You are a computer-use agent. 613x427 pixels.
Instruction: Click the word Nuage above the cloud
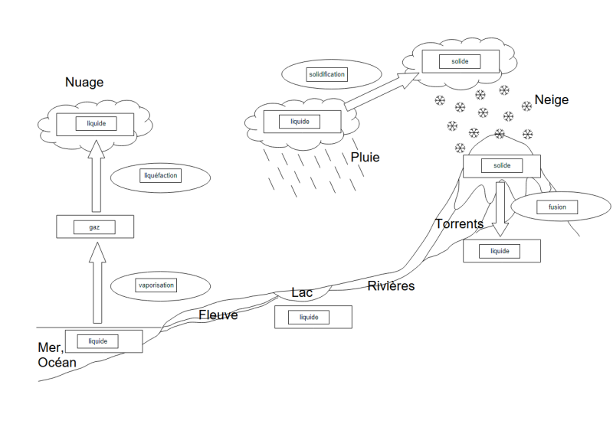[84, 83]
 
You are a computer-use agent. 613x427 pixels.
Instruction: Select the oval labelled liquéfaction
[161, 176]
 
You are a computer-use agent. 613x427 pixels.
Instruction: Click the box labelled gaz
[96, 227]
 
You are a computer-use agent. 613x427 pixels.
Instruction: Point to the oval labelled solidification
[326, 74]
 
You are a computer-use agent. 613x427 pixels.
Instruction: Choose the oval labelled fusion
[546, 207]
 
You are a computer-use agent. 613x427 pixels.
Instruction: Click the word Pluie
[365, 158]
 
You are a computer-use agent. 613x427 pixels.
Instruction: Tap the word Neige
[552, 100]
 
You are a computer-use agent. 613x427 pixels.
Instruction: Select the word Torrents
[459, 224]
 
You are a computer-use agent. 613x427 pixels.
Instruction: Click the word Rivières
[391, 286]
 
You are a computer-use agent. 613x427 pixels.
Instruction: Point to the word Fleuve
[218, 315]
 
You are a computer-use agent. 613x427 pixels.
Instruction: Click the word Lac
[302, 292]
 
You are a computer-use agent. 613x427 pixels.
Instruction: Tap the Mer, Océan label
[57, 355]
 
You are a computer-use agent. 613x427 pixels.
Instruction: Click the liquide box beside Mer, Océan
[103, 341]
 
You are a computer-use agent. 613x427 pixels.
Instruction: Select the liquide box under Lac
[313, 317]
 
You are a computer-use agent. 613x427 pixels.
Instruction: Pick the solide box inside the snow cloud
[460, 61]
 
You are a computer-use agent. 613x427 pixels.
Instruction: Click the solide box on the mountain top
[502, 166]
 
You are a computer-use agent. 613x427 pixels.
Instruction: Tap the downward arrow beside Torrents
[500, 207]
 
